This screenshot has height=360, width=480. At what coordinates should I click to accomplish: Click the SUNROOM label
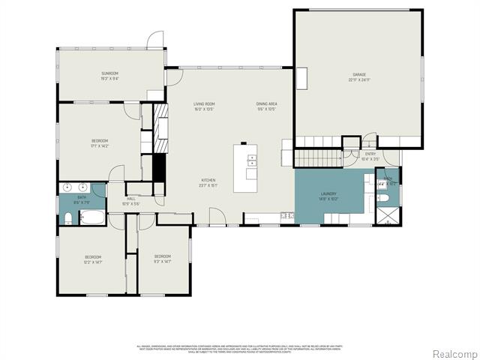(109, 76)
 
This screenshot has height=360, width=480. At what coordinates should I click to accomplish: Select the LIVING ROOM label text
(205, 106)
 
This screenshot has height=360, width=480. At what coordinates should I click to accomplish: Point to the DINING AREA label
(266, 106)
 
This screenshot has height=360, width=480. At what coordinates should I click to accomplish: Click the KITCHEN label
(208, 182)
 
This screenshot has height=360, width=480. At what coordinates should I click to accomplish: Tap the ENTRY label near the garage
(370, 156)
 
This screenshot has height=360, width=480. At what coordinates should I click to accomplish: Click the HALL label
(130, 200)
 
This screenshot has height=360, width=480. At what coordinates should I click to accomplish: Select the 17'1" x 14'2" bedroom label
(100, 142)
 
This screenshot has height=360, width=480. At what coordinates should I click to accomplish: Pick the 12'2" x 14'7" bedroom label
(92, 259)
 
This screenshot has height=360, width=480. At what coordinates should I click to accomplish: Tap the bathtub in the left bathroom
(93, 218)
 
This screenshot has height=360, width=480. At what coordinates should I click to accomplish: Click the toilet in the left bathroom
(67, 218)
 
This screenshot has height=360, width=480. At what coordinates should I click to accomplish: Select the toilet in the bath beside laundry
(385, 198)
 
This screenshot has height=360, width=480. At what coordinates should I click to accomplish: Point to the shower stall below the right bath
(388, 217)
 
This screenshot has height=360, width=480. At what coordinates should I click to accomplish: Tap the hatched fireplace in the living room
(161, 119)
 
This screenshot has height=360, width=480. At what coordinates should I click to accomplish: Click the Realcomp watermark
(453, 353)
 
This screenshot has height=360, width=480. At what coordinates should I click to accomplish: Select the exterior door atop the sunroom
(155, 40)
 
